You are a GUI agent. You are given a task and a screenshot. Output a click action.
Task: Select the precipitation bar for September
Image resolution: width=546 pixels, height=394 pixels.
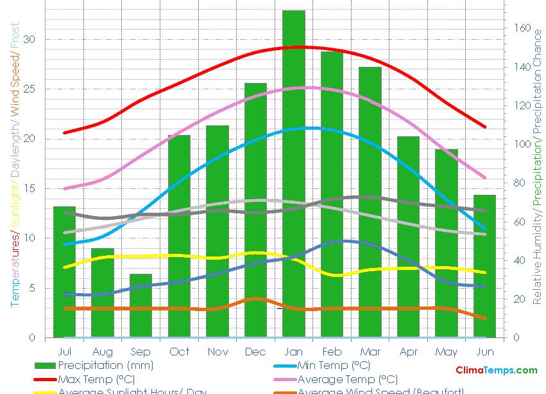pyautogui.click(x=141, y=305)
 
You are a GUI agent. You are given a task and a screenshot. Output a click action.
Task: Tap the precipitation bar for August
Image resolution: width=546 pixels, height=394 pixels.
pyautogui.click(x=103, y=292)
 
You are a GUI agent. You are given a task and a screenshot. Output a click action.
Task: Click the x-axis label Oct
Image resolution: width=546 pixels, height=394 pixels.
pyautogui.click(x=179, y=352)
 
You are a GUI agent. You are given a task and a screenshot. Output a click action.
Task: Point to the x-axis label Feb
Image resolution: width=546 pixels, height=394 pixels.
pyautogui.click(x=332, y=352)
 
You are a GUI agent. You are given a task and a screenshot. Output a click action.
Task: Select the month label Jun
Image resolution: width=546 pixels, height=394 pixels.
pyautogui.click(x=485, y=352)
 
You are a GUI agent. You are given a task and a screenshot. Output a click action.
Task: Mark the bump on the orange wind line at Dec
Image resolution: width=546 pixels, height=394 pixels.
pyautogui.click(x=256, y=298)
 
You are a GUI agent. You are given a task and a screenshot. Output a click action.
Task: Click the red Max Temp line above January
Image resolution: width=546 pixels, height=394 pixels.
pyautogui.click(x=294, y=47)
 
